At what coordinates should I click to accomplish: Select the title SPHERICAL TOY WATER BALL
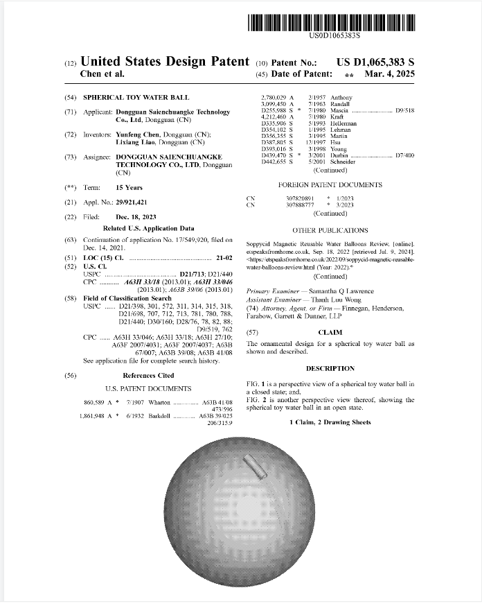point(136,98)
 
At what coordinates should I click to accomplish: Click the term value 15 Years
point(129,187)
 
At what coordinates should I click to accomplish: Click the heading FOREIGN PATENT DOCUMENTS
point(329,185)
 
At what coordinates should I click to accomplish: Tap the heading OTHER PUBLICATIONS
point(330,230)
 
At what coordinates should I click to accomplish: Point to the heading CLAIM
point(330,332)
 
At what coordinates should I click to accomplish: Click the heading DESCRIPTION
point(330,368)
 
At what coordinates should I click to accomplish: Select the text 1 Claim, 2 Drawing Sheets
point(330,422)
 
